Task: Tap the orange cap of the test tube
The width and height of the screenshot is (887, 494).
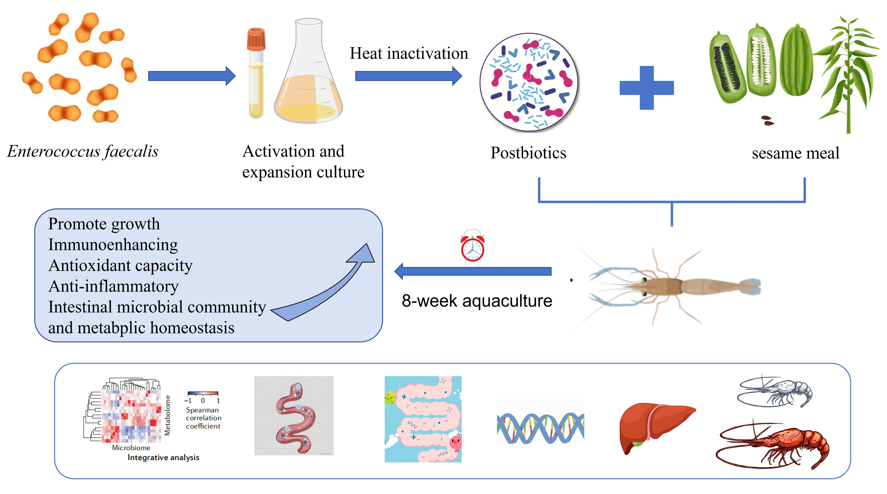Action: point(256,39)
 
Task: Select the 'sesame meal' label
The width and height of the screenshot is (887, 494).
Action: point(795,153)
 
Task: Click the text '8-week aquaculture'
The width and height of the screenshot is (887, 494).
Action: point(477,301)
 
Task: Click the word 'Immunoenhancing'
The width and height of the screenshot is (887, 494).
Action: point(113,245)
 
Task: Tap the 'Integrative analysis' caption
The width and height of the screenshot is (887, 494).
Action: point(163,457)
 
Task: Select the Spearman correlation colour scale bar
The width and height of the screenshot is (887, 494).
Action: point(203,393)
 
